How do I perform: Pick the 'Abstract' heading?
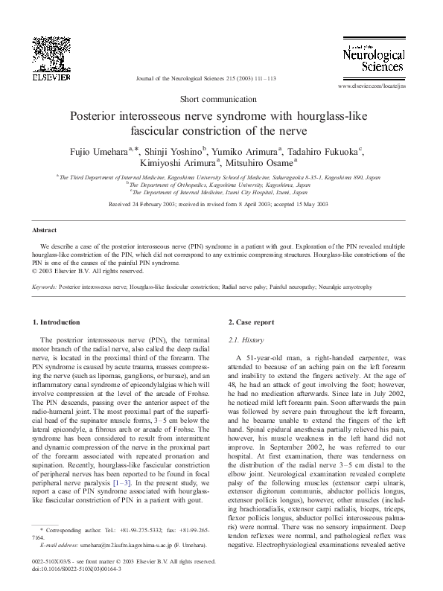pyautogui.click(x=45, y=231)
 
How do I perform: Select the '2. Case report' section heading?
pyautogui.click(x=251, y=322)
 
